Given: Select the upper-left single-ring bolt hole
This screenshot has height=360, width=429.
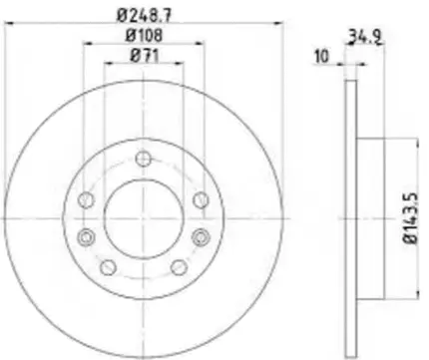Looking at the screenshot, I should tap(87, 201).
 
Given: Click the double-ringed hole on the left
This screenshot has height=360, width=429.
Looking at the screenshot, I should tap(87, 235).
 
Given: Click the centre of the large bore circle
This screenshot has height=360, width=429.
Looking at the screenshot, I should tap(144, 218).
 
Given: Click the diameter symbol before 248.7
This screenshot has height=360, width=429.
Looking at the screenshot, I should tap(122, 15).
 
